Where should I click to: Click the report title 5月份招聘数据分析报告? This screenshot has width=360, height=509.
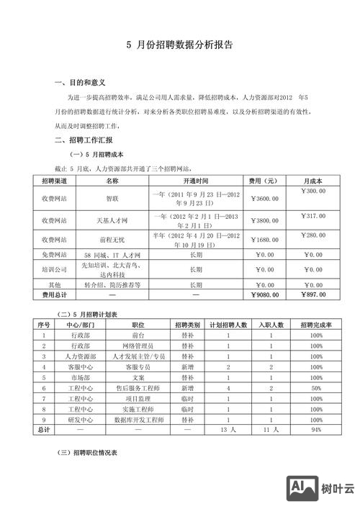pyautogui.click(x=179, y=45)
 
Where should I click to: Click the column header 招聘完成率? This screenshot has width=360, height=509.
pyautogui.click(x=315, y=325)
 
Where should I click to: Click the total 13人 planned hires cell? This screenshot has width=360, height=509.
pyautogui.click(x=228, y=429)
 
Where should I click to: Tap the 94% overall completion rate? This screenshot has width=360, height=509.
pyautogui.click(x=315, y=429)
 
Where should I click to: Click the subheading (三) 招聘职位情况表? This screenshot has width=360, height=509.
pyautogui.click(x=92, y=454)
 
